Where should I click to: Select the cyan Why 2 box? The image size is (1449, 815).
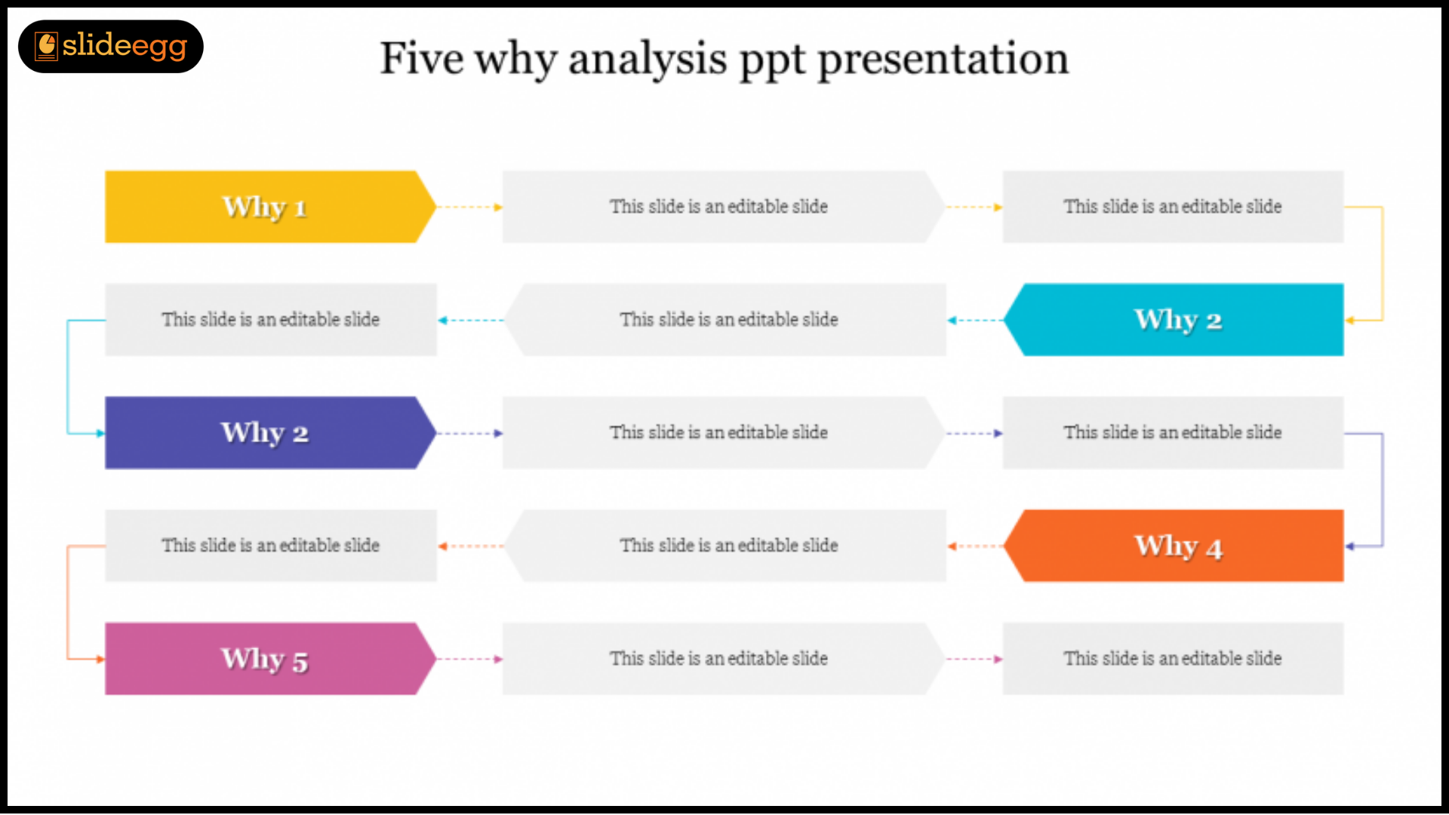1174,320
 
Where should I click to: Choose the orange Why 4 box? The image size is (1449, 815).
1174,546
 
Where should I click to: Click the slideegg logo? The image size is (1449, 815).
111,47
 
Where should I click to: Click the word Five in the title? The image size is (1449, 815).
421,58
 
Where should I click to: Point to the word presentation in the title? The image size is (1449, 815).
943,60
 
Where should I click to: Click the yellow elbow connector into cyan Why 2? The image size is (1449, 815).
1383,263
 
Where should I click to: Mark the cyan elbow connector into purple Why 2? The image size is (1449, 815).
68,377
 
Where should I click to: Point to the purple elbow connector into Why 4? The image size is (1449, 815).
1383,490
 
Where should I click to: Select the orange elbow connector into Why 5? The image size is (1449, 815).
68,602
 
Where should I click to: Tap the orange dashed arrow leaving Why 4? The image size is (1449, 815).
975,546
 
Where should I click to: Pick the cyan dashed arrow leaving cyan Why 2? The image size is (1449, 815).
975,320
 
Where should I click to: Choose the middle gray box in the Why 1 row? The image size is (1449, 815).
723,207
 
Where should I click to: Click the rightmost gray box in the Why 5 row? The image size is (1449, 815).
1173,659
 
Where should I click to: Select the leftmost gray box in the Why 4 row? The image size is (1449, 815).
270,546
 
